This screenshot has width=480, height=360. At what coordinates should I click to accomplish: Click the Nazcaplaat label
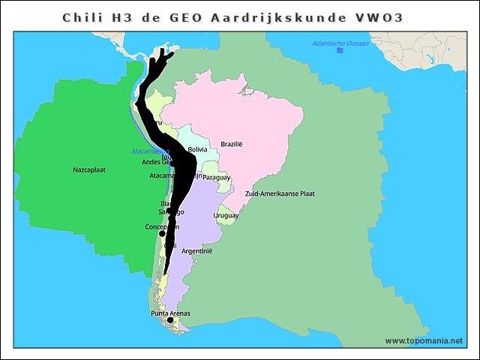click(89, 169)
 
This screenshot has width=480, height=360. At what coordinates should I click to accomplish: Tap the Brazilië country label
click(232, 144)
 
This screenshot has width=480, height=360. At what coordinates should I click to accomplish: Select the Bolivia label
click(198, 150)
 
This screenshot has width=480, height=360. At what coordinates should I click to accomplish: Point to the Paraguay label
click(216, 178)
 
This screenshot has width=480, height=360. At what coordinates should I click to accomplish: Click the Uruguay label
click(226, 216)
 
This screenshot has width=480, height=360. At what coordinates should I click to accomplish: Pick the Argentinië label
click(197, 251)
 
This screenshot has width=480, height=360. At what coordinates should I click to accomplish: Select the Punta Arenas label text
click(170, 313)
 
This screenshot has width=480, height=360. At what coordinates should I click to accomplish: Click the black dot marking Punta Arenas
click(170, 320)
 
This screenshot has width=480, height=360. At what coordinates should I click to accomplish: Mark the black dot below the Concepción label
click(162, 234)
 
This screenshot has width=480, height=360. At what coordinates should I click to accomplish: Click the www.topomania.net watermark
click(424, 341)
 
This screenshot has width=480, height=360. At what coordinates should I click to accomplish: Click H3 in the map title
click(121, 17)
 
